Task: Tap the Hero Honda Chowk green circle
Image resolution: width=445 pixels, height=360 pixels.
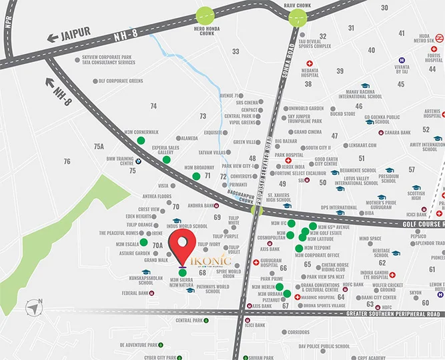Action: tap(205, 16)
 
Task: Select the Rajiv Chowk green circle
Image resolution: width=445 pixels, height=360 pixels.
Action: tap(297, 17)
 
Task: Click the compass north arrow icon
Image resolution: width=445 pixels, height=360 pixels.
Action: tap(33, 308)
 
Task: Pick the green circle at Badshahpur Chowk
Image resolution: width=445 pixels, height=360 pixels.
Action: tap(256, 209)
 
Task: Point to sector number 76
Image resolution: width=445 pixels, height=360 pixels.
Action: tap(67, 161)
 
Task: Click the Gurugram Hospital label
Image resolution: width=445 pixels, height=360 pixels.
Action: tap(270, 263)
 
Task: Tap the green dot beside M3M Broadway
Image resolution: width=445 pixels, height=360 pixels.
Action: tap(196, 176)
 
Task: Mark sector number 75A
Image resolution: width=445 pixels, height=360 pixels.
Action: tap(99, 146)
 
